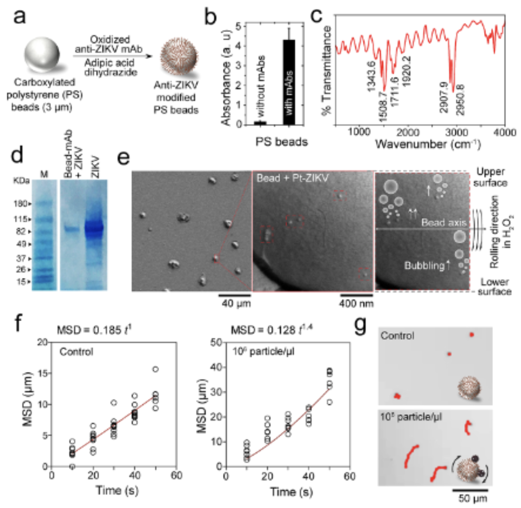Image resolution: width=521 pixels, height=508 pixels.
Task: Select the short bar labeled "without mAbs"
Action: coord(260,122)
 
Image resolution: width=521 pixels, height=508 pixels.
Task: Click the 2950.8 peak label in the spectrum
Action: coord(460,100)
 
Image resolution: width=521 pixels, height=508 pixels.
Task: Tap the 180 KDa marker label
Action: coord(21,204)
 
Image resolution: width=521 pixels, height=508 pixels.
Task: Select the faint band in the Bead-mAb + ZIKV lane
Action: coord(72,228)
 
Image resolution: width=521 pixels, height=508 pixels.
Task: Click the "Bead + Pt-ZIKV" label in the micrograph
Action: coord(292,178)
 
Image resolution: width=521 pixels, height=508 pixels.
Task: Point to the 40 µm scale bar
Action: coord(234,295)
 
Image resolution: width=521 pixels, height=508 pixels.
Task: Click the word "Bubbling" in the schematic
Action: coord(424,266)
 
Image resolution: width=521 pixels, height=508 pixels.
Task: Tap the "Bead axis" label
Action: coord(443,222)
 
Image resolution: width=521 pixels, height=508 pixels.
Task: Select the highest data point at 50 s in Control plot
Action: coord(155,369)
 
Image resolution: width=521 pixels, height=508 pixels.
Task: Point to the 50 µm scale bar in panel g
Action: coord(470,489)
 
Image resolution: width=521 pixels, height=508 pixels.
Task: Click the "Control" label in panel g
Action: coord(397,336)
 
